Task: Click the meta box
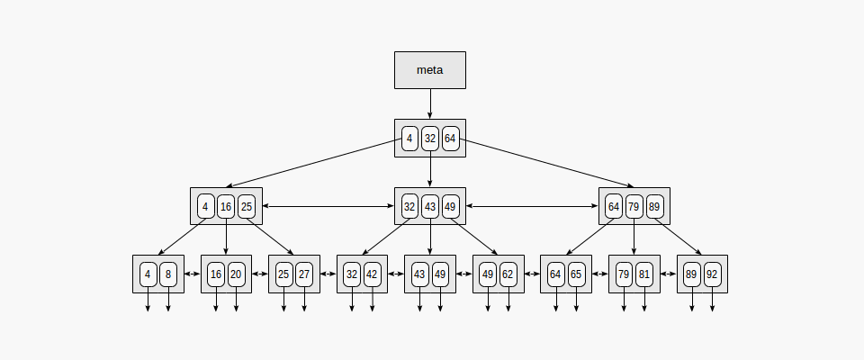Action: [x=430, y=69]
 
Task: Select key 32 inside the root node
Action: [x=430, y=139]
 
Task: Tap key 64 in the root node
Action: [x=451, y=139]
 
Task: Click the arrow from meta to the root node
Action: [x=430, y=103]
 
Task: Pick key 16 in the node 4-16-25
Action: [x=226, y=206]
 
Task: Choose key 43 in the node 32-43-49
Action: [x=430, y=206]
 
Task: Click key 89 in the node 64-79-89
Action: [x=655, y=206]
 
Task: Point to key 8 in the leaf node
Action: [x=168, y=274]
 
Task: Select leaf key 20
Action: [x=237, y=274]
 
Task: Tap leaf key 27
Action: [x=304, y=274]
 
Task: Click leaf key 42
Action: [x=373, y=274]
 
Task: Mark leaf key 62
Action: [x=508, y=274]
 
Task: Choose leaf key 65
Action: [x=577, y=274]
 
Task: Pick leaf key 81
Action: [x=644, y=274]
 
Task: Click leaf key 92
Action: [x=713, y=274]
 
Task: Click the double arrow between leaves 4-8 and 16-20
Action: [x=192, y=274]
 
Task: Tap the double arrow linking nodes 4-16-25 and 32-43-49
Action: [x=328, y=206]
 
